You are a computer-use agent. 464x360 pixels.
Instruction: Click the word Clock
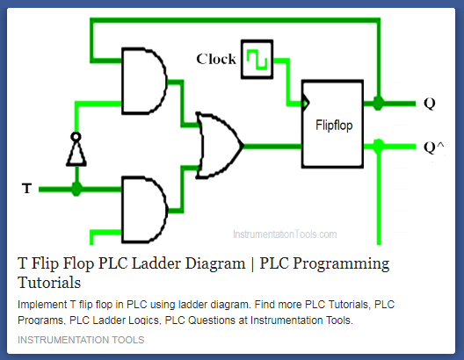215,59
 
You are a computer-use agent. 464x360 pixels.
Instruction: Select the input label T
26,188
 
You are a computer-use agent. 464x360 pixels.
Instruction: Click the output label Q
429,103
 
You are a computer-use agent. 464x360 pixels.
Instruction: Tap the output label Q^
431,147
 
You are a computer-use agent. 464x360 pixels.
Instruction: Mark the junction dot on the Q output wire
378,103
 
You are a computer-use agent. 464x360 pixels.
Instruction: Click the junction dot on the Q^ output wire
378,144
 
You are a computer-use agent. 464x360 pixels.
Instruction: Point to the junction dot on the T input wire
76,188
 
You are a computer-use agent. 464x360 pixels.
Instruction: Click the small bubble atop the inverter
76,137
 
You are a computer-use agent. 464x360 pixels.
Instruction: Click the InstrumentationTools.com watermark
284,234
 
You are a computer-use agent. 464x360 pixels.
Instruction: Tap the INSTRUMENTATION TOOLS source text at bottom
81,340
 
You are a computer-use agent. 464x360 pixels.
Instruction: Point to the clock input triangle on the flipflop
305,103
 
